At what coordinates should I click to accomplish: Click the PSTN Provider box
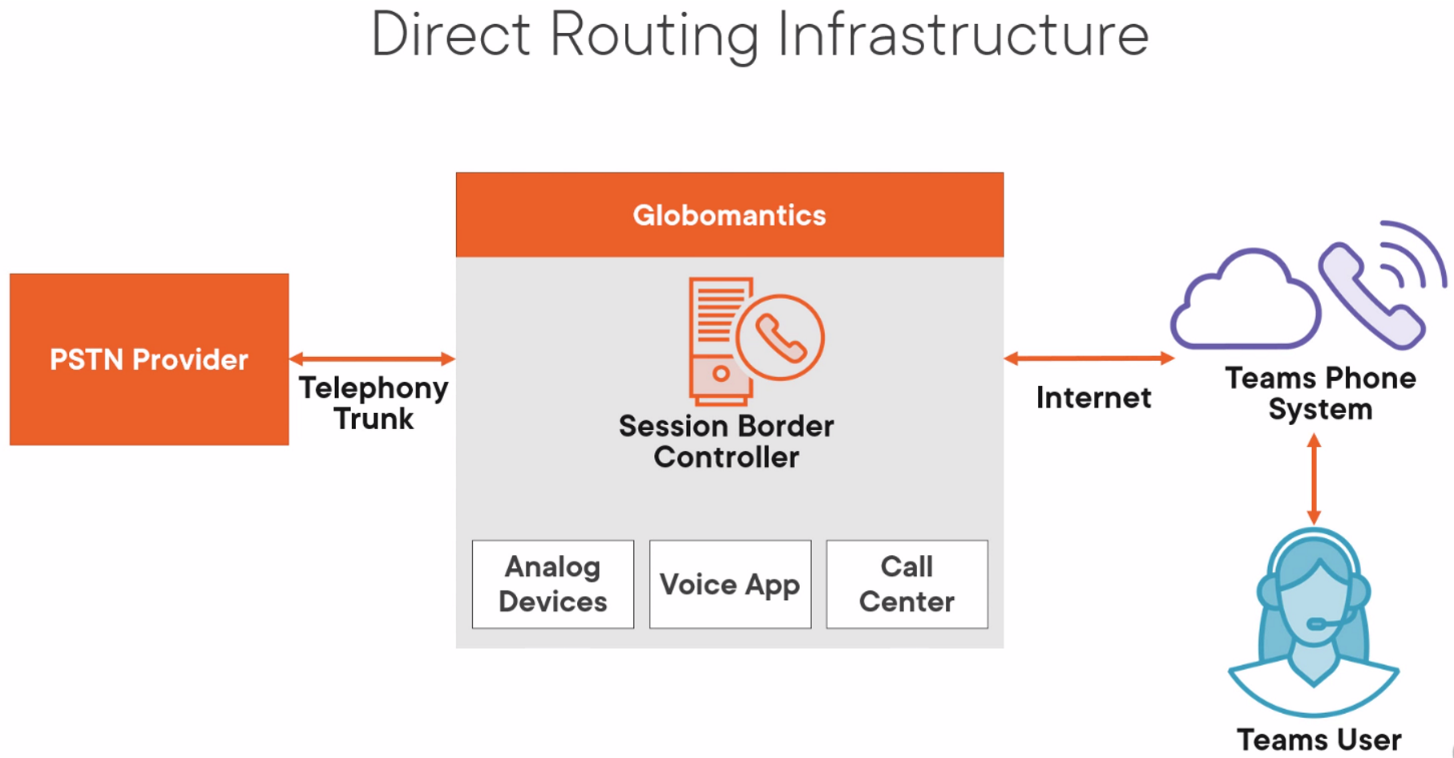[149, 359]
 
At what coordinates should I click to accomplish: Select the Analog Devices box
[553, 584]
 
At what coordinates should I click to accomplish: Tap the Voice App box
[730, 584]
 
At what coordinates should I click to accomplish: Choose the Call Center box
[907, 584]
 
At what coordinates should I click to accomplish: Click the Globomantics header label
[729, 215]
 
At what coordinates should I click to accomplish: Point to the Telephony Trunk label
[374, 403]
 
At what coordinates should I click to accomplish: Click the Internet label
[1093, 398]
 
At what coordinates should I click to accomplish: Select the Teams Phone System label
[1321, 393]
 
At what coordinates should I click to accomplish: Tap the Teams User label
[1319, 740]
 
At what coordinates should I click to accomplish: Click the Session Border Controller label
[726, 441]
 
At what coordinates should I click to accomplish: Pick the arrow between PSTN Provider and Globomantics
[373, 359]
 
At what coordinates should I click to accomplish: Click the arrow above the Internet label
[1089, 359]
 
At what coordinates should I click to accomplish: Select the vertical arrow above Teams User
[1314, 480]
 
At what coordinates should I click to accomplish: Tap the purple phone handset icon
[1371, 298]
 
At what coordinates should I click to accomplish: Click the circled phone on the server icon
[780, 337]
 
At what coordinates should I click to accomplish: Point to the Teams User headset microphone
[1317, 623]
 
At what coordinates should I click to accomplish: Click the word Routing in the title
[654, 35]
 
